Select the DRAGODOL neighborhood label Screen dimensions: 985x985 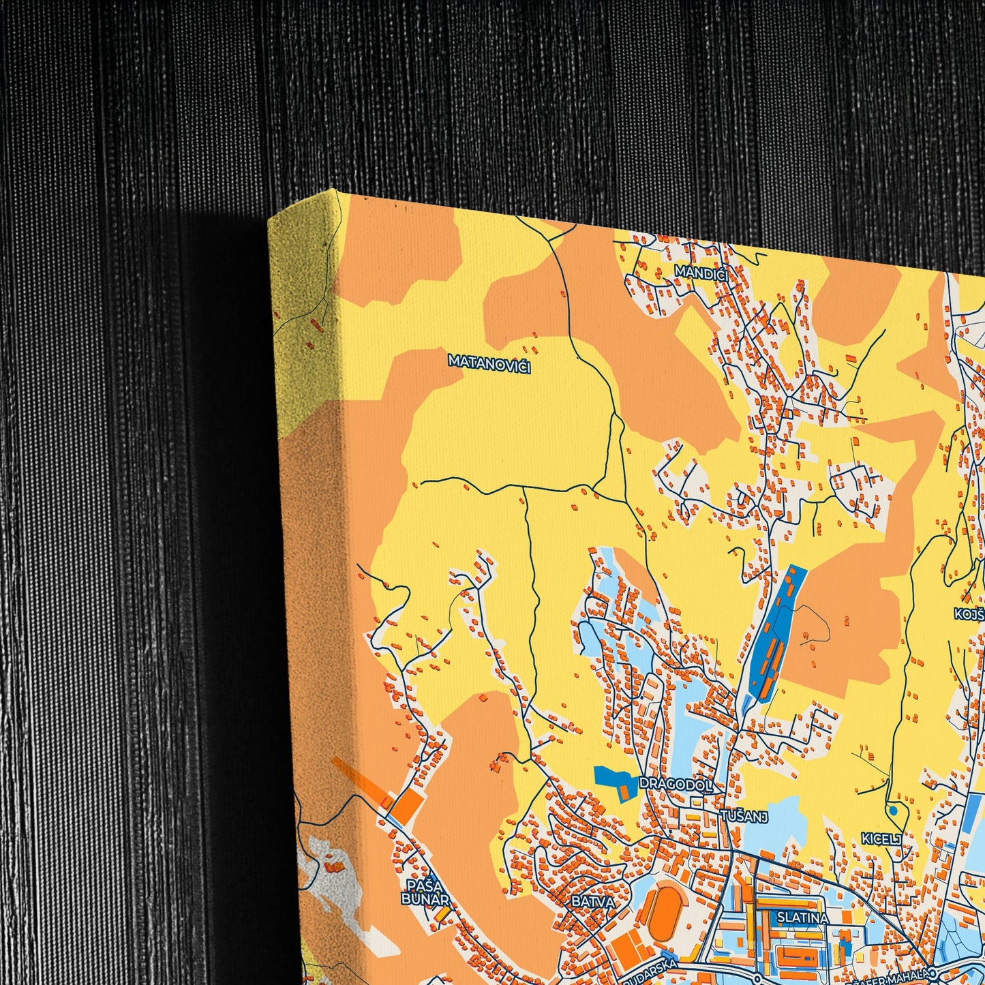pos(676,785)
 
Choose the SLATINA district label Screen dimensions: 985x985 pos(802,918)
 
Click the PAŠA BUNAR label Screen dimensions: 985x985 pos(425,892)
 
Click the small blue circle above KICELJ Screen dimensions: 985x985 pos(892,810)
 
